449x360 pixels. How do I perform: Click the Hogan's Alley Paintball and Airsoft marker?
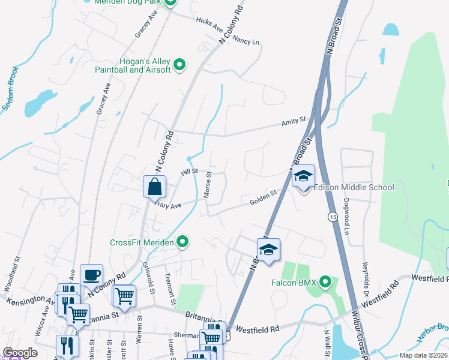point(179,64)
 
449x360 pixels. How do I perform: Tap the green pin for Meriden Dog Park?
point(170,2)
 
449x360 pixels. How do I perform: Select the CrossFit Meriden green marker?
point(183,242)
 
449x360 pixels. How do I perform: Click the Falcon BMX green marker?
point(325,281)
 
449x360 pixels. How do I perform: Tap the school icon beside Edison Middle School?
point(303,177)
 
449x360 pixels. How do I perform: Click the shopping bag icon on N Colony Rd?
point(155,187)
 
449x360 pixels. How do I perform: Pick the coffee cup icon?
point(91,275)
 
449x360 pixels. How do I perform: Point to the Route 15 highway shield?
point(331,216)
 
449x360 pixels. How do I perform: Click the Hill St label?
point(190,172)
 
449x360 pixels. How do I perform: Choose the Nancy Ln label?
point(246,41)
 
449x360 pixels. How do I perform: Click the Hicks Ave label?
point(209,25)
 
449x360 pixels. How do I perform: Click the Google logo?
point(20,353)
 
